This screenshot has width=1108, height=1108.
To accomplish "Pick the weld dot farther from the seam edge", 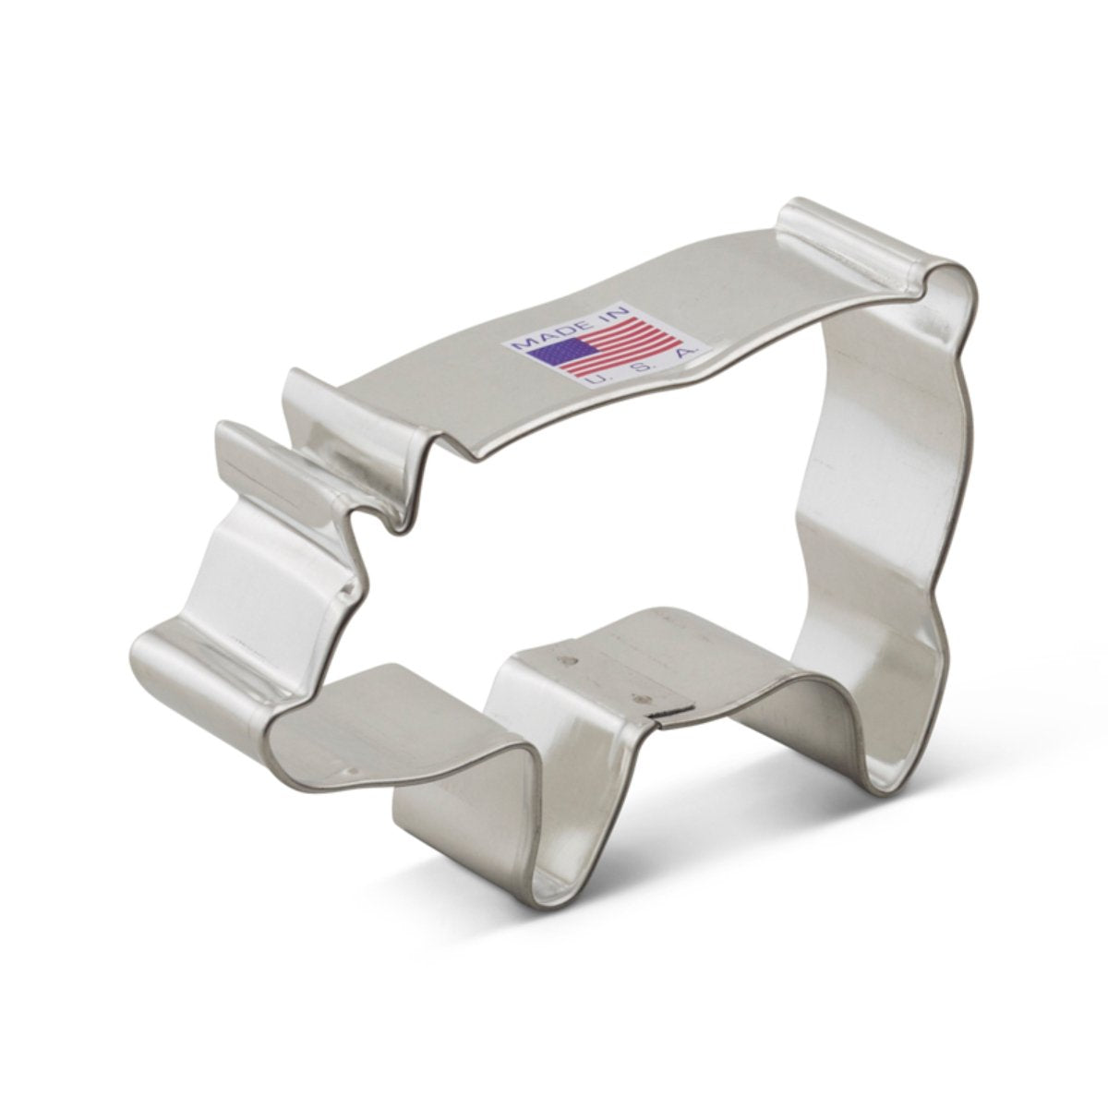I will pyautogui.click(x=565, y=661).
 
